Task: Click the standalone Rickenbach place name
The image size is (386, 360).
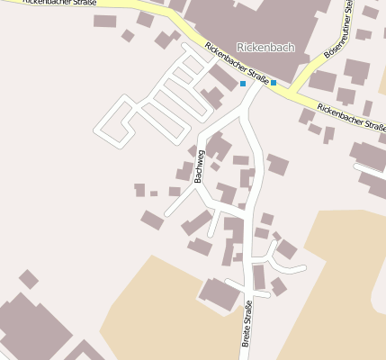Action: pos(265,47)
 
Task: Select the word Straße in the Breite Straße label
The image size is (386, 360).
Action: pos(248,316)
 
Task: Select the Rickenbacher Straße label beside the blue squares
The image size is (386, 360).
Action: pos(236,63)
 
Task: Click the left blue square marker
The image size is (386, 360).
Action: pos(242,84)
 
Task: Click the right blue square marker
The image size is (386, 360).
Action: pos(274,83)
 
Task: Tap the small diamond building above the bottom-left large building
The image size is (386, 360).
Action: pos(29,279)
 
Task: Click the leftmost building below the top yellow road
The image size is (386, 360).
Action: pos(105,21)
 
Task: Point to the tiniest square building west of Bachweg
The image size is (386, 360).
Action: pos(154,193)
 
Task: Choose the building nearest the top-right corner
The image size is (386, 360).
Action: pos(370,12)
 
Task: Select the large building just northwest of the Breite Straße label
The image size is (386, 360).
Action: pos(220,293)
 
